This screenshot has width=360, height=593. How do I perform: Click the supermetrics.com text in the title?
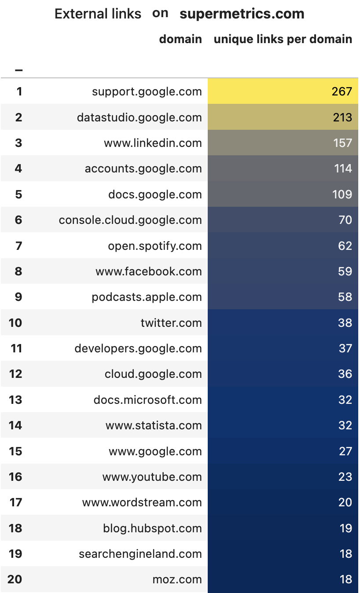click(x=242, y=14)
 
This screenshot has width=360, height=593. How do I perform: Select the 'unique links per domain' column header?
click(x=283, y=39)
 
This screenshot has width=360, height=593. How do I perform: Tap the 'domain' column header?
click(x=180, y=39)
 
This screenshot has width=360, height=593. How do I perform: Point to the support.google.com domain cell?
click(x=147, y=92)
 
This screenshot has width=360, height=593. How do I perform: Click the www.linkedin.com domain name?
click(x=153, y=143)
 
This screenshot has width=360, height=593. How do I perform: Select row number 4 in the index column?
click(x=18, y=168)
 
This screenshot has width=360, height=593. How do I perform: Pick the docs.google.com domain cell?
click(x=155, y=194)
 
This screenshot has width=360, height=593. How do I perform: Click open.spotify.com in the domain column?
click(x=155, y=246)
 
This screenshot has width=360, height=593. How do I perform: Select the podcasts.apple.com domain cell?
click(x=147, y=297)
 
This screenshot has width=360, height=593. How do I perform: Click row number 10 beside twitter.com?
click(x=15, y=323)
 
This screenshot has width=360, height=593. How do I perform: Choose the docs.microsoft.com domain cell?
click(x=147, y=400)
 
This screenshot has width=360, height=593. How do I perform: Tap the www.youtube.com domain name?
click(x=152, y=477)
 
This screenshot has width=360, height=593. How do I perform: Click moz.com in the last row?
click(x=177, y=579)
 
